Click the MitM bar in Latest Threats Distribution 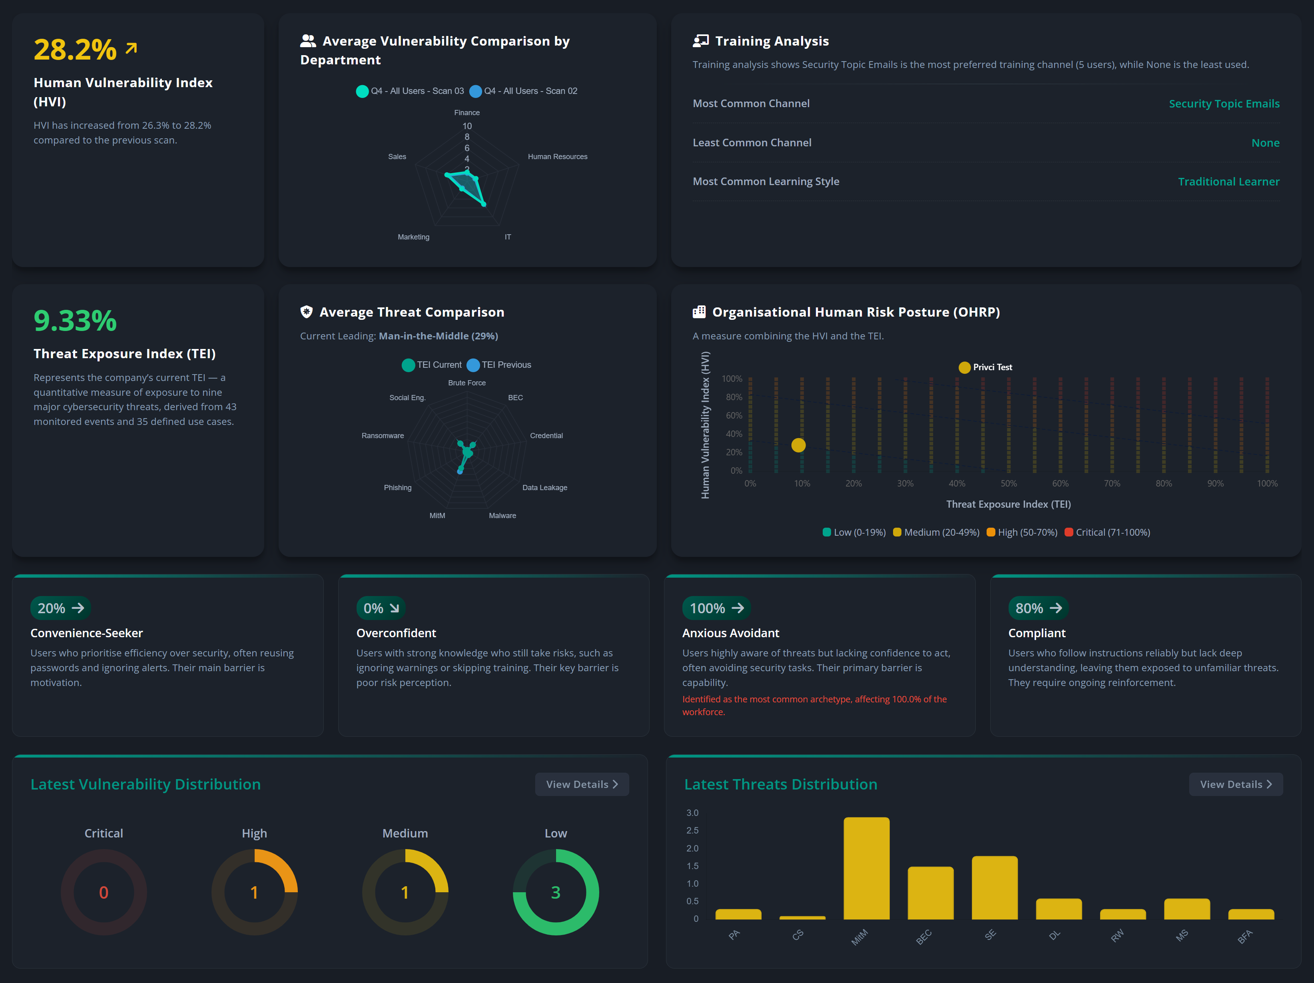click(866, 868)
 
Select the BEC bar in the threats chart click(930, 893)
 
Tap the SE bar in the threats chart click(995, 887)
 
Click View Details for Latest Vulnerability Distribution click(582, 784)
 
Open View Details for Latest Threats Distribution click(1235, 784)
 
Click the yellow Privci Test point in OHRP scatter click(798, 445)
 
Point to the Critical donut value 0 click(104, 892)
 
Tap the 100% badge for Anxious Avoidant click(716, 608)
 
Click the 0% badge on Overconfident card click(380, 608)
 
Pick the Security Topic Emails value click(1224, 104)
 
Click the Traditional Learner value click(1228, 181)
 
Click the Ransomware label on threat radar click(383, 435)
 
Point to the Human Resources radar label click(557, 157)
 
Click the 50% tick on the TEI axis click(1008, 483)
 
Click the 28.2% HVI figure click(75, 49)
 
